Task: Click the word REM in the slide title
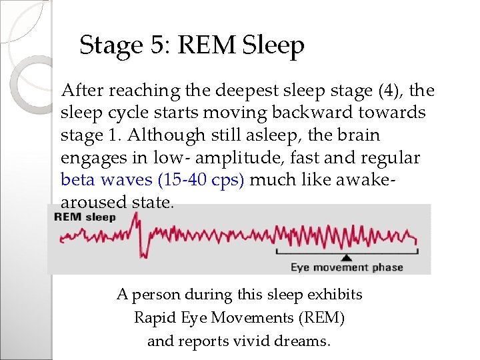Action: click(207, 45)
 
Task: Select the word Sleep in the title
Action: click(273, 45)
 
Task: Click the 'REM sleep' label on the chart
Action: click(84, 217)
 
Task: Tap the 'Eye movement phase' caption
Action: click(346, 267)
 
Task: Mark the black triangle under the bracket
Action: click(346, 257)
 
